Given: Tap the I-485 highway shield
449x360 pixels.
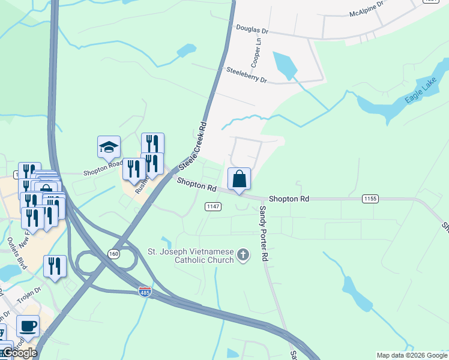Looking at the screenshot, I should point(145,292).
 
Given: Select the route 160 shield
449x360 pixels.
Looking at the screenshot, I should point(113,254).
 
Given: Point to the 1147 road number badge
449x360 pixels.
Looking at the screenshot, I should point(213,206).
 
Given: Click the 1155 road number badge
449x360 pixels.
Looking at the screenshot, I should point(370,197).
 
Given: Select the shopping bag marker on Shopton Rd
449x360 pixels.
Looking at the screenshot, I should point(239,179).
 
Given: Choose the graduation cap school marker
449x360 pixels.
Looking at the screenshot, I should point(109,147).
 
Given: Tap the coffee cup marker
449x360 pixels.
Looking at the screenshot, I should point(28,326).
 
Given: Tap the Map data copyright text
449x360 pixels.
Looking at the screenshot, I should point(411,355).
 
